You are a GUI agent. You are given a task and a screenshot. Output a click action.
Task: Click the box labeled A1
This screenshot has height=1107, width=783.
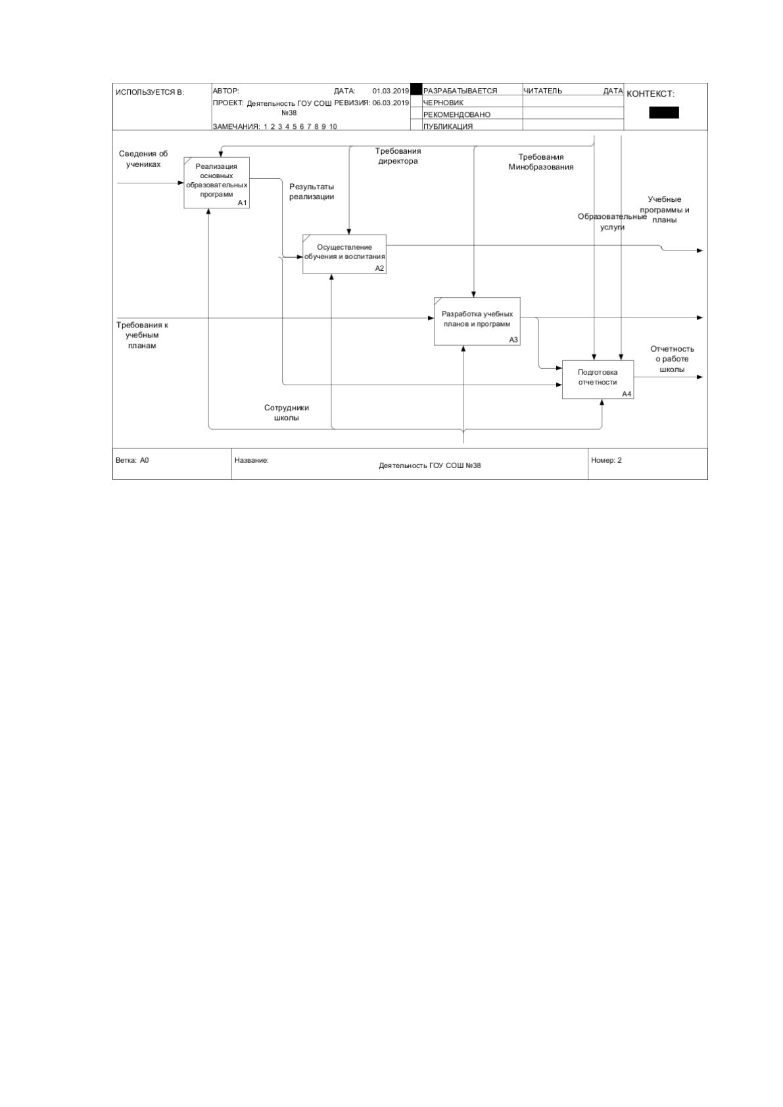216,183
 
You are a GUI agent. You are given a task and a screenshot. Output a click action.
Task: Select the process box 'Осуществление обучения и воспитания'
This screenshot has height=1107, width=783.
344,254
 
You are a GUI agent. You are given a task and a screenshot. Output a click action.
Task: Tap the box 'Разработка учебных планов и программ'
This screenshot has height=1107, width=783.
477,321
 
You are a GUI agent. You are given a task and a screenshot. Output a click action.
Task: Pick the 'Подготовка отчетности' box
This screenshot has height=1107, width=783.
598,379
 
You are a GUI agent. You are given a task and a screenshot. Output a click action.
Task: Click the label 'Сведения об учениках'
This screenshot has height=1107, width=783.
143,159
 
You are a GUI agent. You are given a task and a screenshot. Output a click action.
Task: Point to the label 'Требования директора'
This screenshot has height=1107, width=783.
398,156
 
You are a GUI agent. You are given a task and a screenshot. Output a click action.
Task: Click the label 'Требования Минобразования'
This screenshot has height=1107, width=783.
541,162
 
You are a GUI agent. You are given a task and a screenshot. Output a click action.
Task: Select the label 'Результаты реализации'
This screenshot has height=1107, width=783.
312,192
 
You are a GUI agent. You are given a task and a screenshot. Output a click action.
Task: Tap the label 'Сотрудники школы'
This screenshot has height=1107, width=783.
286,413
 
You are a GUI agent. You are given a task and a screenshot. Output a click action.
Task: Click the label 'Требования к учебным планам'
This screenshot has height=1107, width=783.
143,335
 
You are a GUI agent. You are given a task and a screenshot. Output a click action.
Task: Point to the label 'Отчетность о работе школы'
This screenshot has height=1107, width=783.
673,359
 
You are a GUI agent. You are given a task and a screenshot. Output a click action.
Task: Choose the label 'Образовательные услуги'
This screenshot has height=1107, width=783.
612,222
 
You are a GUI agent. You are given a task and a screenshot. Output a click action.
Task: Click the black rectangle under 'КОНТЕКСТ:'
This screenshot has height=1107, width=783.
664,112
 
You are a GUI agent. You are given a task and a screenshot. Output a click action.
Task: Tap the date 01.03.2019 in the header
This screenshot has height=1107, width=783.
391,91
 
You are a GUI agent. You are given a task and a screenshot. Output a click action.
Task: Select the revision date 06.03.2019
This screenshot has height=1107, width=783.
391,103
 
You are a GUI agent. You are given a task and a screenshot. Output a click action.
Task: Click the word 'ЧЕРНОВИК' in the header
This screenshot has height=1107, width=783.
443,103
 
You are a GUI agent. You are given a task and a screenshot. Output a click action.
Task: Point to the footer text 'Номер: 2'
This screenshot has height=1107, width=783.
606,460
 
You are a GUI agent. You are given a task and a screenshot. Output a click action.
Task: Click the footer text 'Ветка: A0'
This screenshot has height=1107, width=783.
132,460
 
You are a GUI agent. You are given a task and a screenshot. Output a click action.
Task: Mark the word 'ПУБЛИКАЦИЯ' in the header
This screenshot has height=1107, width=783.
448,126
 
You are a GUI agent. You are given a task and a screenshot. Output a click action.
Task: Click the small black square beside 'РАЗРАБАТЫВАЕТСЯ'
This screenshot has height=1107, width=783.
416,89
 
